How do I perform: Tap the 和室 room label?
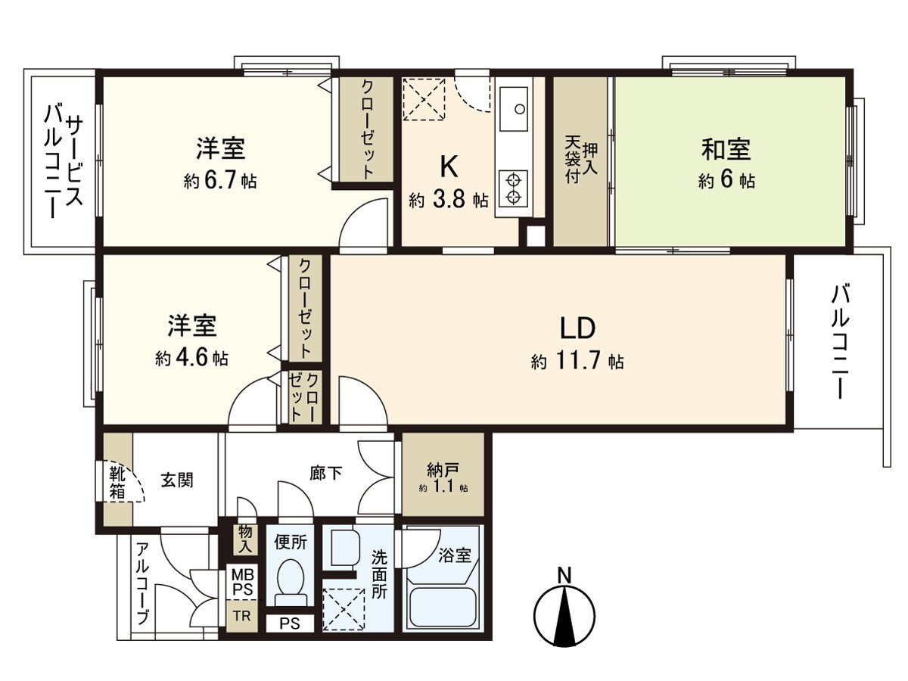[x=726, y=150]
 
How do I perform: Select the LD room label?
[x=578, y=328]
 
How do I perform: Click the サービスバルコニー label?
[x=63, y=160]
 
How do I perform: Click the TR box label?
[x=241, y=616]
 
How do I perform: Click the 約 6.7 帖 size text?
[x=219, y=182]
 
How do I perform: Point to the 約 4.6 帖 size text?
[x=192, y=358]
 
